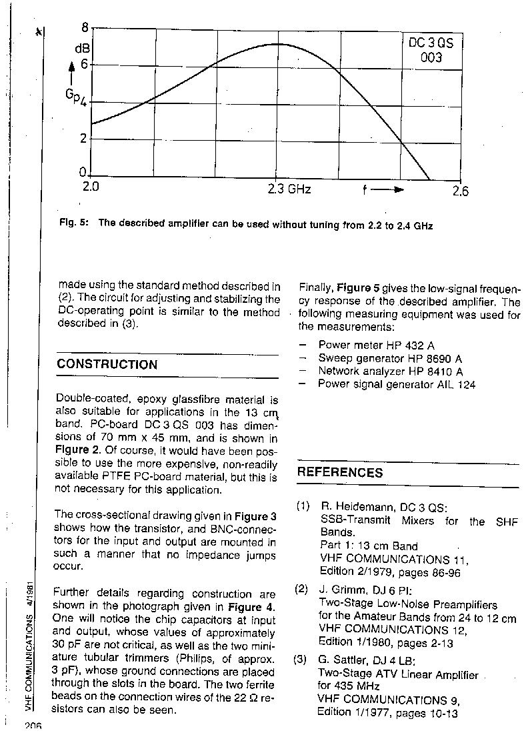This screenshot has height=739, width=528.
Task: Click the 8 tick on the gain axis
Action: click(84, 28)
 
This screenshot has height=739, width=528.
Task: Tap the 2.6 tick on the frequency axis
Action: click(460, 191)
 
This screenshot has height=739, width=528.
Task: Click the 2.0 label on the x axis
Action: click(91, 187)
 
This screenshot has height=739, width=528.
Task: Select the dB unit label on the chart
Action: click(81, 47)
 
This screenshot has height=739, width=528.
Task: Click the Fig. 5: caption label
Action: click(73, 225)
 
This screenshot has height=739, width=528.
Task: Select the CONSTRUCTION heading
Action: click(107, 365)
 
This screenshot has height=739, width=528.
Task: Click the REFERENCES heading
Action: click(340, 473)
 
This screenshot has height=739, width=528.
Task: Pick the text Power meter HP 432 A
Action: click(376, 345)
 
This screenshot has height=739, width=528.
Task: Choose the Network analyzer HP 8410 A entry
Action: click(390, 372)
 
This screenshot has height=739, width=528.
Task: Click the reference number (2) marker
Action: click(302, 589)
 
